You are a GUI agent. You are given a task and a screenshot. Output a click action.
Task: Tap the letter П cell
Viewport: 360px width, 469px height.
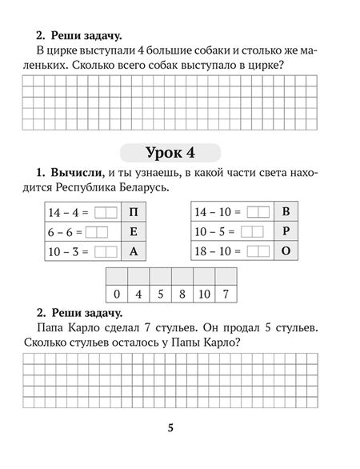tap(133, 213)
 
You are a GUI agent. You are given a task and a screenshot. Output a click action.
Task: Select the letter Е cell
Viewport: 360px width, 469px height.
tap(133, 232)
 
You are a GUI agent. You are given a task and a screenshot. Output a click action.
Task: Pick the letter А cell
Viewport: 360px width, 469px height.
tap(133, 251)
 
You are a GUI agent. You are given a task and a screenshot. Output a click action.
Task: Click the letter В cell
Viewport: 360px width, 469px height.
tap(286, 213)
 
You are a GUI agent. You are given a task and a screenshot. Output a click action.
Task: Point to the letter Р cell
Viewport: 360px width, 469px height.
tap(286, 232)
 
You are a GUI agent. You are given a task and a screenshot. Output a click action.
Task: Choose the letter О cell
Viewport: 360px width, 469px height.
tap(286, 251)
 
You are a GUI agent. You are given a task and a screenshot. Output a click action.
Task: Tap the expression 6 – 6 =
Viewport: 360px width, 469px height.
tap(62, 232)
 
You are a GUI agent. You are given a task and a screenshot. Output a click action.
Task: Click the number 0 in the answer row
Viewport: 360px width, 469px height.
tap(117, 293)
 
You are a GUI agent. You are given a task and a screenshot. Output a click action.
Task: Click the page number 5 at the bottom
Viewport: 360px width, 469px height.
tap(170, 428)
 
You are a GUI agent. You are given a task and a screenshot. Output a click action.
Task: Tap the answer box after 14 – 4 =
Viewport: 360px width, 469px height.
tap(105, 213)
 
